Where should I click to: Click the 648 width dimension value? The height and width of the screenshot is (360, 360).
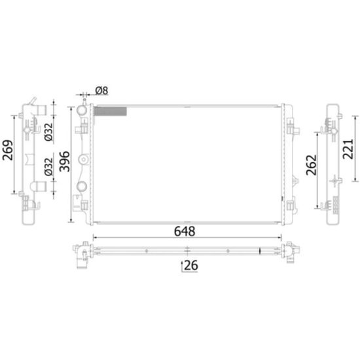[x=185, y=231]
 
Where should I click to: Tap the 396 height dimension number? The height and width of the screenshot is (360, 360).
[x=65, y=162]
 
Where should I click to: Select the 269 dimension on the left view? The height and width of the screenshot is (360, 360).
[x=8, y=150]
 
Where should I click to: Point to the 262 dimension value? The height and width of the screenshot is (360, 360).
[x=312, y=165]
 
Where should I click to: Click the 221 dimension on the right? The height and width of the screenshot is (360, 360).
[x=348, y=149]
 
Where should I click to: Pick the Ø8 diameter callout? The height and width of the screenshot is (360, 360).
[x=101, y=91]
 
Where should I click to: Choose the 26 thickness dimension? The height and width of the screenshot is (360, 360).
[x=191, y=265]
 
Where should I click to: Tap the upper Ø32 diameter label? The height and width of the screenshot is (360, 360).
[x=48, y=132]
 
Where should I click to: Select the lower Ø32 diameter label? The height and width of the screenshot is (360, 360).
[x=48, y=167]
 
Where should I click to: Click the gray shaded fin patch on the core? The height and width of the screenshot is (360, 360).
[x=111, y=111]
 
